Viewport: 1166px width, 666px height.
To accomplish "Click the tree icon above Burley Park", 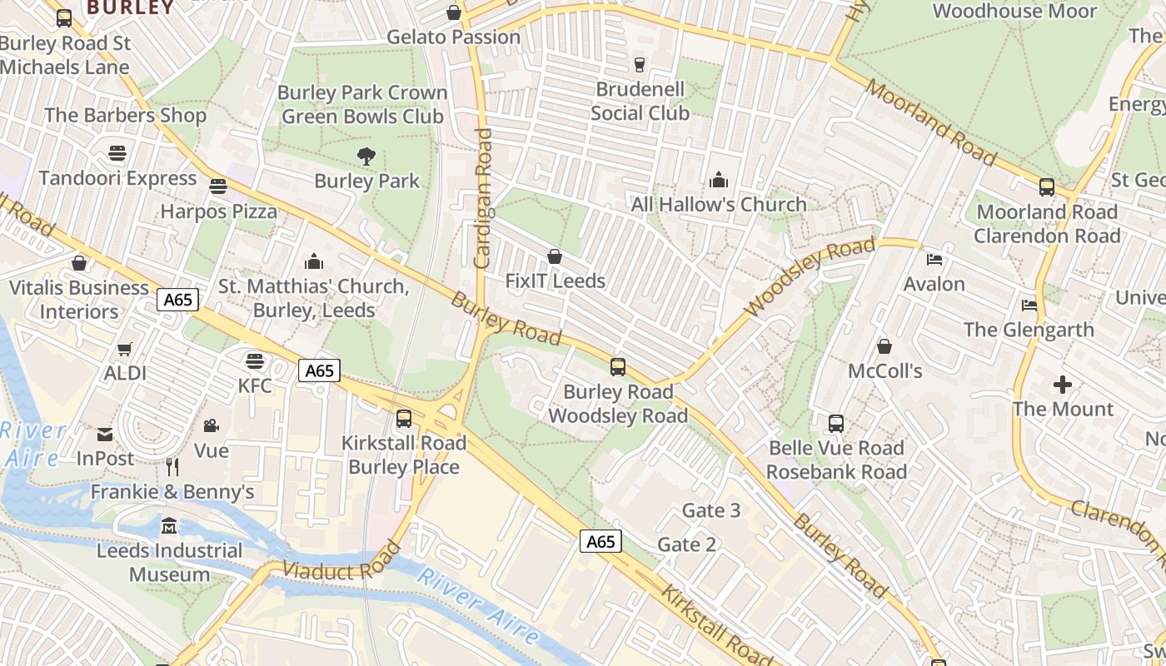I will (x=366, y=156).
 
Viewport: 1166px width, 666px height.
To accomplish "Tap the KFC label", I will (x=255, y=385).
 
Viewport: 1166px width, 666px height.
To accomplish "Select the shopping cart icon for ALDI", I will (x=125, y=350).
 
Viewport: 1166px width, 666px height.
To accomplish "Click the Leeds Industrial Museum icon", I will (x=170, y=526).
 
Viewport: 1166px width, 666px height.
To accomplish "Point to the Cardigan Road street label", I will (x=482, y=198).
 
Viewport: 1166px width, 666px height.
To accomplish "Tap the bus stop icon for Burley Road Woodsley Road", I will (x=618, y=367).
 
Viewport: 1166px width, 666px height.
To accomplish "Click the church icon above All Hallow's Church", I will (x=718, y=180).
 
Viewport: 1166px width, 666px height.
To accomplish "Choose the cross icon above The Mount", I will (x=1063, y=385).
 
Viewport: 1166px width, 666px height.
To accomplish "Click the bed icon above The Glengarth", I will (x=1029, y=306).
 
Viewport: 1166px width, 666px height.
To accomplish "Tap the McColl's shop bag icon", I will (x=884, y=346).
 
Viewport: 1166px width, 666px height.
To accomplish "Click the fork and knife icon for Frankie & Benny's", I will (x=172, y=467).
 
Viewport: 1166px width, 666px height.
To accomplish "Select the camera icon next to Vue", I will (x=211, y=426).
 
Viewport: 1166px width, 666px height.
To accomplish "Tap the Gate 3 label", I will (x=710, y=510).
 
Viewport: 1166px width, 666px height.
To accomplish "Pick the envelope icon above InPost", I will (x=105, y=435).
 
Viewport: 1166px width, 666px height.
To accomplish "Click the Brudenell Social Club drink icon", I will (x=640, y=65).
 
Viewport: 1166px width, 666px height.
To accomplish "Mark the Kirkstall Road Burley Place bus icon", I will (x=404, y=419).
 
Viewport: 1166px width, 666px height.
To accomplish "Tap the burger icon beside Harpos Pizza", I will (x=218, y=187).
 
